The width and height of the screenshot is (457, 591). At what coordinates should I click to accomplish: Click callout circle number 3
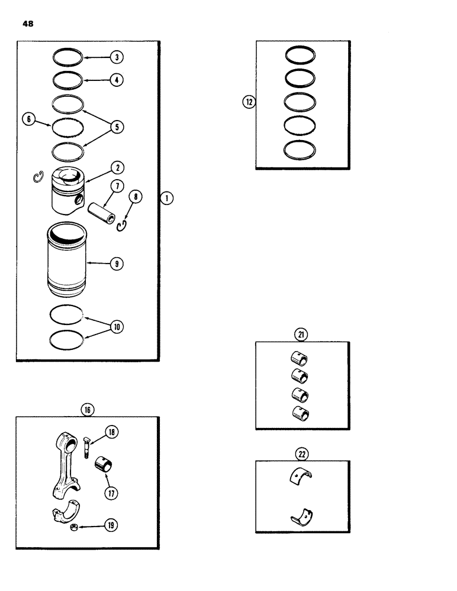[117, 57]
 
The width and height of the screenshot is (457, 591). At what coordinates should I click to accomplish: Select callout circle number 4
[117, 79]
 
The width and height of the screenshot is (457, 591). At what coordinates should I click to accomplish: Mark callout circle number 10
[117, 326]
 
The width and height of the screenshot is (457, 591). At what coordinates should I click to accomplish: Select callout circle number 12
[249, 102]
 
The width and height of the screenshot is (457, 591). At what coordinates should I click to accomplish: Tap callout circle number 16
[89, 409]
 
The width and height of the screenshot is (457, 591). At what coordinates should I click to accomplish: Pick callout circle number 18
[112, 433]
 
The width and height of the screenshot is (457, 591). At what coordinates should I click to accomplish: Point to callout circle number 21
[302, 335]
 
